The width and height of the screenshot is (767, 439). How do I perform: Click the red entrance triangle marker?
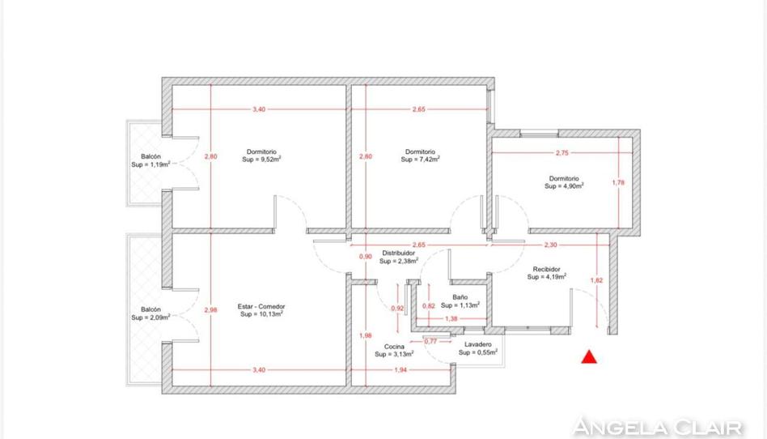pyautogui.click(x=589, y=357)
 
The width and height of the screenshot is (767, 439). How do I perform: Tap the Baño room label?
pyautogui.click(x=460, y=297)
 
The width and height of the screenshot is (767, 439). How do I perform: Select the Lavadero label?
pyautogui.click(x=478, y=344)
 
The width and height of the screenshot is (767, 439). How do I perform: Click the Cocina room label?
pyautogui.click(x=394, y=347)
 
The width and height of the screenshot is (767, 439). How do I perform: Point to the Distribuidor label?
pyautogui.click(x=399, y=254)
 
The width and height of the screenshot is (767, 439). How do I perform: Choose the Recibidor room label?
pyautogui.click(x=546, y=269)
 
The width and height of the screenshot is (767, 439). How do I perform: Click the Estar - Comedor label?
pyautogui.click(x=261, y=307)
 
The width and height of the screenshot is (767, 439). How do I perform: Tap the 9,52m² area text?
pyautogui.click(x=269, y=160)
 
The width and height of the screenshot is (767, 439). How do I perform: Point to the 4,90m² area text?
pyautogui.click(x=572, y=186)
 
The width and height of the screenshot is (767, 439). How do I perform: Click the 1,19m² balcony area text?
pyautogui.click(x=159, y=164)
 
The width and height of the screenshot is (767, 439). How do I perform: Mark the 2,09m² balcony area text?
pyautogui.click(x=159, y=318)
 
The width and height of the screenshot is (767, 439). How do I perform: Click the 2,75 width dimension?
pyautogui.click(x=562, y=153)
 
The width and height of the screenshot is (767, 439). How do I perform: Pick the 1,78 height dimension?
pyautogui.click(x=618, y=183)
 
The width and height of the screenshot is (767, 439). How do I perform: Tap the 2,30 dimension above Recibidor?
pyautogui.click(x=550, y=245)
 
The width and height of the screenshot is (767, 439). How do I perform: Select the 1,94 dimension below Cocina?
pyautogui.click(x=400, y=370)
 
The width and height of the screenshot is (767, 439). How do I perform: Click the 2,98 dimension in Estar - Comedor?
pyautogui.click(x=211, y=309)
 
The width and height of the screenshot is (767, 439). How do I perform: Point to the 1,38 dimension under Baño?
pyautogui.click(x=451, y=319)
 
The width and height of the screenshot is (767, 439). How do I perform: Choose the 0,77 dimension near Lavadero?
pyautogui.click(x=430, y=342)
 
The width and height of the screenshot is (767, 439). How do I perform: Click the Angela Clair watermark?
pyautogui.click(x=658, y=427)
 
